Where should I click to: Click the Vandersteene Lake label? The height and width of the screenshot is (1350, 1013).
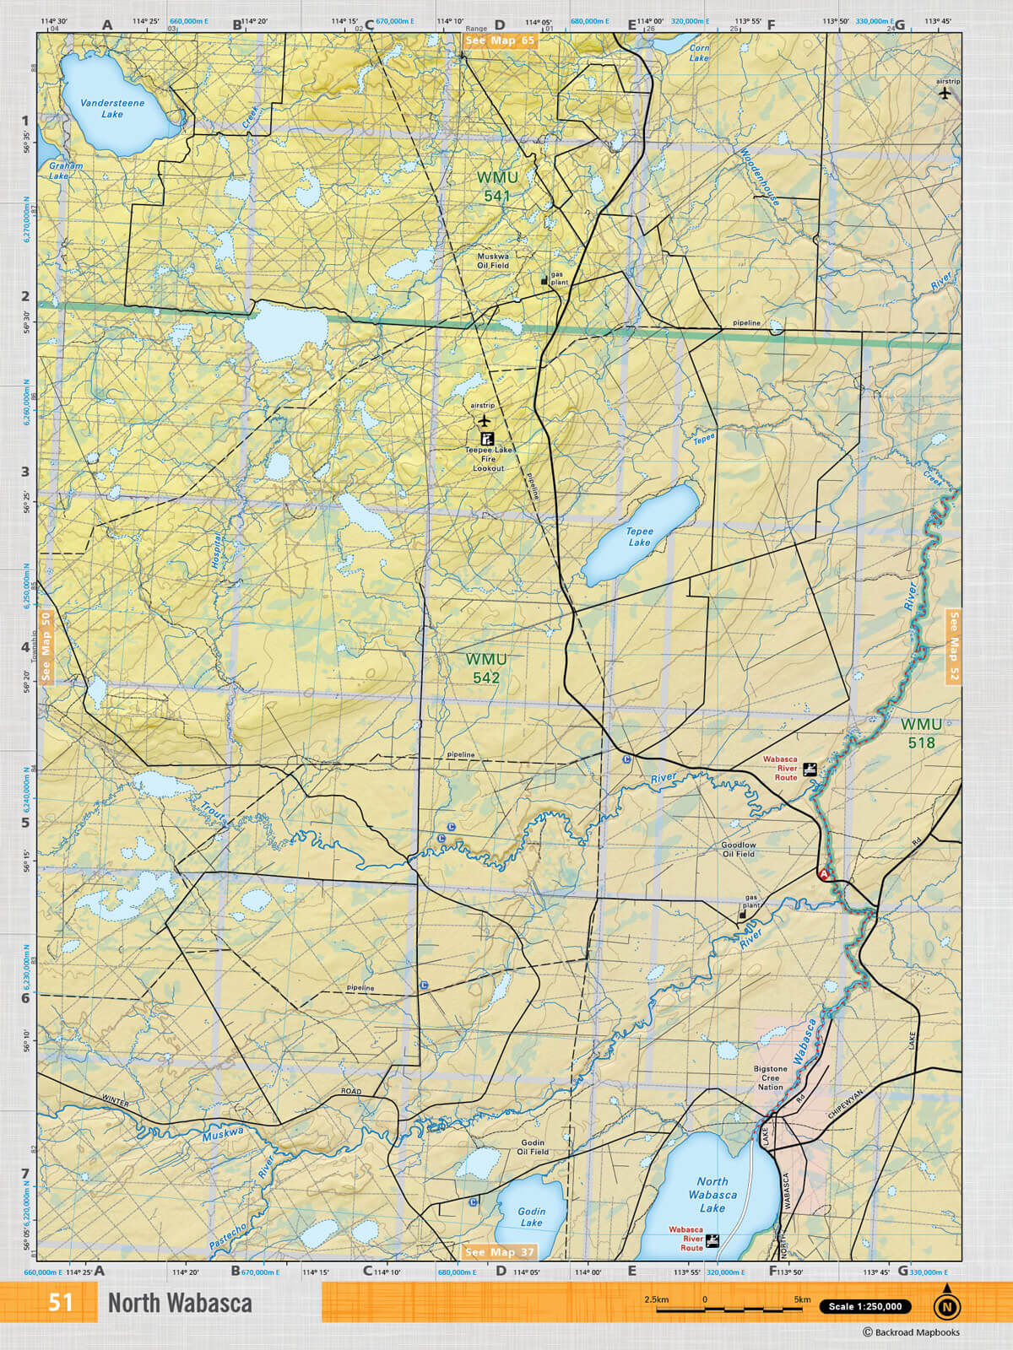click(112, 108)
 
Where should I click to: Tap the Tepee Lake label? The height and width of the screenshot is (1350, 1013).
click(639, 537)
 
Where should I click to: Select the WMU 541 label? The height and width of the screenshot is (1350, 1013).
click(497, 186)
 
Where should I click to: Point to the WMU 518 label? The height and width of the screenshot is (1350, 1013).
click(921, 733)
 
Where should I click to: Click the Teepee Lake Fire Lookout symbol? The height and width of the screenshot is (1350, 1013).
click(487, 439)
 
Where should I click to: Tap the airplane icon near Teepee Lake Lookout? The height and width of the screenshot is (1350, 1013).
click(484, 420)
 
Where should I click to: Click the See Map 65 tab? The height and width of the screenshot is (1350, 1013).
click(500, 40)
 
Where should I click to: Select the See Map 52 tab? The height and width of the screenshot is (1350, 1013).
click(954, 646)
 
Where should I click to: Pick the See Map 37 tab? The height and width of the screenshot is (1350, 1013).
click(500, 1252)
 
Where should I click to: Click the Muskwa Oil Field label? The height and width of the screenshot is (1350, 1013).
click(493, 260)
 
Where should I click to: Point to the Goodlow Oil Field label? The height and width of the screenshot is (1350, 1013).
click(738, 849)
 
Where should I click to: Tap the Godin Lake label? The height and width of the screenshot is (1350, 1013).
click(531, 1217)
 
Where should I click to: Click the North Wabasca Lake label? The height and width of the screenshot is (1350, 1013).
click(712, 1195)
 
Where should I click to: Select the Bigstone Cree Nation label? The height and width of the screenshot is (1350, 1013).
click(770, 1078)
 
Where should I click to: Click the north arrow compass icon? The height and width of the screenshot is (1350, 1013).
click(946, 1305)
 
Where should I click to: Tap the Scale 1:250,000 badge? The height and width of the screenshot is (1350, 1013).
click(864, 1306)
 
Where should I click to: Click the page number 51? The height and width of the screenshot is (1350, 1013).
click(60, 1303)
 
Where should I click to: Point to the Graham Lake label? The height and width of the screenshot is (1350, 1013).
click(65, 170)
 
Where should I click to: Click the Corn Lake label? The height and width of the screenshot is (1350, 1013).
click(699, 53)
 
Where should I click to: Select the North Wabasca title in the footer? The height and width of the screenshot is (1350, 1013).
click(180, 1304)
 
